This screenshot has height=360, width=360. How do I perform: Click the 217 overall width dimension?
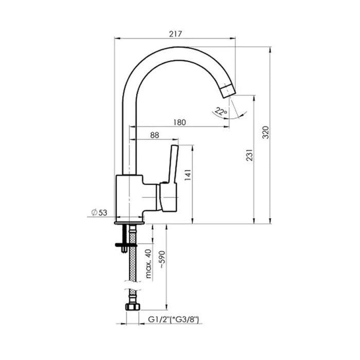click(x=176, y=34)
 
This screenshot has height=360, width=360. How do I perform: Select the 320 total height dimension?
click(x=266, y=132)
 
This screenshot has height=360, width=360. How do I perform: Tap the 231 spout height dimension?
click(x=249, y=155)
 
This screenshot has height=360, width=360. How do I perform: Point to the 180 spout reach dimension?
click(x=179, y=122)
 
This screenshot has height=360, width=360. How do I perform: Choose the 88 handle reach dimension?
click(x=154, y=135)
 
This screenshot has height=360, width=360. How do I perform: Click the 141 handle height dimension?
click(x=188, y=175)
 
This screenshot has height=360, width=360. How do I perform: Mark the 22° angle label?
click(x=221, y=112)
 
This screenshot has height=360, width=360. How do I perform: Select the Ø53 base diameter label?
click(x=99, y=212)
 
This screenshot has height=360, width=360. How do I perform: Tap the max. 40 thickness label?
click(x=149, y=264)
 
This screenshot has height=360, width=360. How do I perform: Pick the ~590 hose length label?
click(x=162, y=260)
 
